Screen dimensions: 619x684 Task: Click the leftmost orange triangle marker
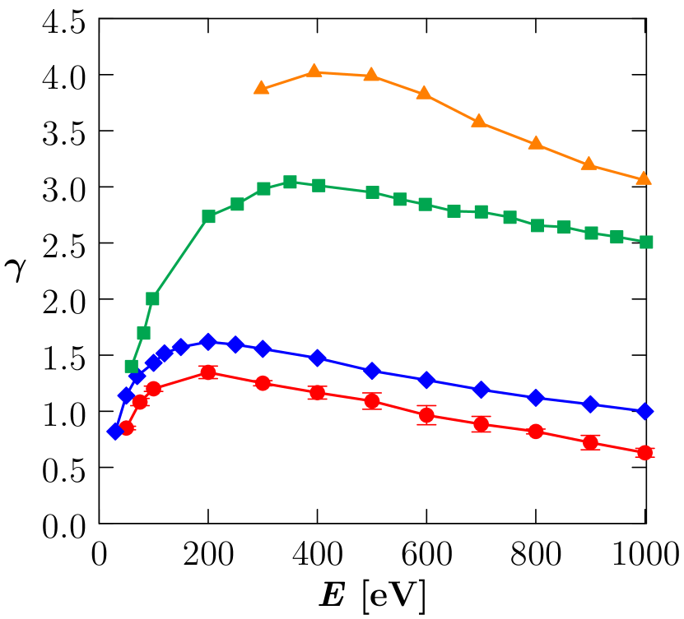pos(261,88)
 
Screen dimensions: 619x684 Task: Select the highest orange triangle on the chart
pos(314,72)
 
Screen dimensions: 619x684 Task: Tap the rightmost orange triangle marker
pos(644,178)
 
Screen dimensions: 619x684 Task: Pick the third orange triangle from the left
pos(371,75)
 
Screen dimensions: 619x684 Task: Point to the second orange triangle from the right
pos(589,164)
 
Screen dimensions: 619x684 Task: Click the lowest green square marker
pos(132,366)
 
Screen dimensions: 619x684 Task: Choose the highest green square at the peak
pos(290,182)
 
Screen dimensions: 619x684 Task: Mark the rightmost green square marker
pos(646,242)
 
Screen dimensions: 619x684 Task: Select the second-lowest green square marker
pos(143,333)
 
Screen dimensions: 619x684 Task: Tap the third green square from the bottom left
pos(152,298)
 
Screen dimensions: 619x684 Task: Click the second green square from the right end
pos(617,237)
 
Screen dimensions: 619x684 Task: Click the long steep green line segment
pos(180,257)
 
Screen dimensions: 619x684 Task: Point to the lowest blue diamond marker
pos(115,431)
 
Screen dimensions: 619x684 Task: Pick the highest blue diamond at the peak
pos(208,342)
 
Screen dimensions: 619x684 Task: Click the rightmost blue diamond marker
pos(645,411)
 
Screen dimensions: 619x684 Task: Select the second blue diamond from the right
pos(590,404)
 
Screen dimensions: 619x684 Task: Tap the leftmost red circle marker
pos(127,427)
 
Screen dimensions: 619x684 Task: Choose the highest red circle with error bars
pos(208,372)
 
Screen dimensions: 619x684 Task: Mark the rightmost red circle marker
pos(644,452)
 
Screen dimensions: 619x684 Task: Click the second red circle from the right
pos(590,442)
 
